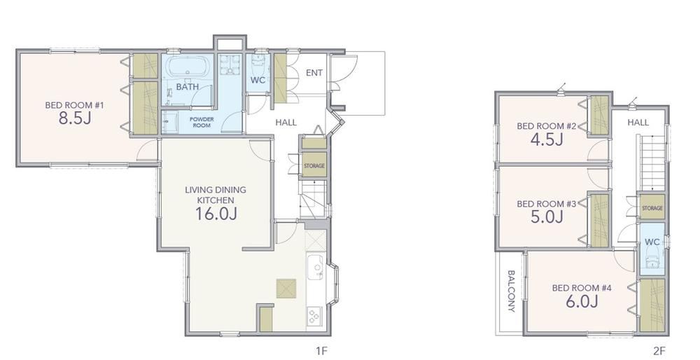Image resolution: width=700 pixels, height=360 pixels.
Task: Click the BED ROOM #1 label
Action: (x=75, y=106)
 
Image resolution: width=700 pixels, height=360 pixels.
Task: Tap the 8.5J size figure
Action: (x=75, y=118)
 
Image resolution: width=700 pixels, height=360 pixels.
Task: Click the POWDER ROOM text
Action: (x=202, y=122)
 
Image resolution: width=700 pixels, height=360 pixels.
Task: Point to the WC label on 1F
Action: (x=258, y=81)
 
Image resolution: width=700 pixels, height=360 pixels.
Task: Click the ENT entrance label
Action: (x=314, y=73)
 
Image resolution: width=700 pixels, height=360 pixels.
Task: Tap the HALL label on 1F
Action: (x=286, y=123)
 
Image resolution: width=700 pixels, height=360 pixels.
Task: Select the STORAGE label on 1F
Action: (x=314, y=166)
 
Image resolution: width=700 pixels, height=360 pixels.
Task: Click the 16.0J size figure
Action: (x=216, y=214)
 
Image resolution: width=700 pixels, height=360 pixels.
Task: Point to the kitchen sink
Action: (x=315, y=267)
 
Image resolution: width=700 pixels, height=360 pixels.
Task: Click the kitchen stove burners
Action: (x=314, y=317)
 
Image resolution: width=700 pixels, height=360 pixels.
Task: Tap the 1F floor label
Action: (x=321, y=351)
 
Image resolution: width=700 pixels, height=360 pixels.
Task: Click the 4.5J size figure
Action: (x=547, y=140)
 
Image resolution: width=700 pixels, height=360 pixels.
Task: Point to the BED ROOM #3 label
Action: (x=547, y=204)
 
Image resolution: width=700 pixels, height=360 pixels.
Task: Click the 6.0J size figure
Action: (x=582, y=302)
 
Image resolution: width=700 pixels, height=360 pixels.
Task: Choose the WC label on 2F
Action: (x=652, y=242)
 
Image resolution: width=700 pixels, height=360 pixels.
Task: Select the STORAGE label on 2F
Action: (x=652, y=208)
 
